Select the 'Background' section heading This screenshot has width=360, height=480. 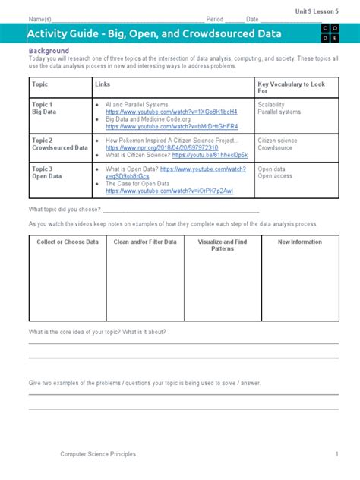click(x=49, y=50)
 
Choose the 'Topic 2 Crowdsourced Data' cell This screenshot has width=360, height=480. click(x=59, y=144)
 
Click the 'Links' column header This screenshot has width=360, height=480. click(x=103, y=84)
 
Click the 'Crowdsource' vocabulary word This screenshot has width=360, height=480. click(x=276, y=148)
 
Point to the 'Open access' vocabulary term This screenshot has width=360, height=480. click(x=276, y=176)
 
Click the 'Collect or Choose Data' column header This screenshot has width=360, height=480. click(x=68, y=242)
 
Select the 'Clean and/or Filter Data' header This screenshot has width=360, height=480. click(x=145, y=242)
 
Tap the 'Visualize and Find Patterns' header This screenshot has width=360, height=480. click(x=223, y=245)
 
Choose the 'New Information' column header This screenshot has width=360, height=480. click(x=300, y=242)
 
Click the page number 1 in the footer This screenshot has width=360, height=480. click(x=336, y=454)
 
